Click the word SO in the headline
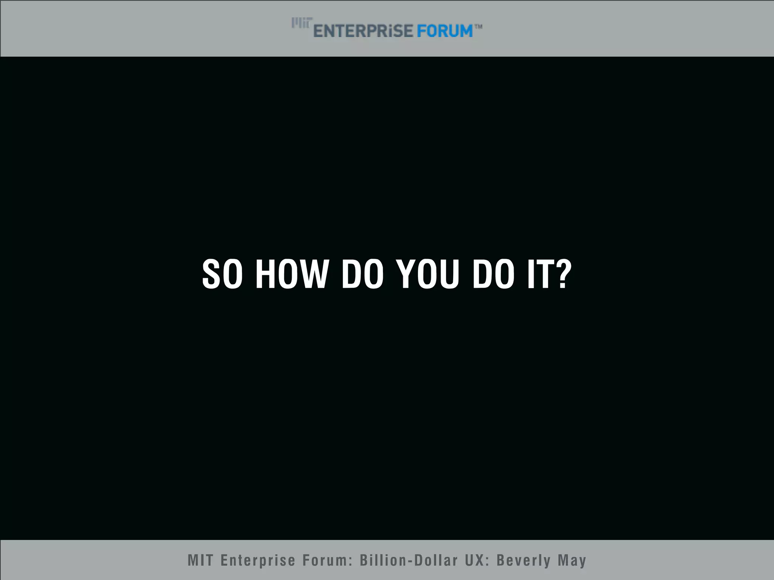click(222, 275)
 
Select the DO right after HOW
click(362, 275)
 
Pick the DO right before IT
click(494, 275)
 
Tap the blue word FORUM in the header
click(444, 31)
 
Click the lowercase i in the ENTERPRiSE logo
click(387, 31)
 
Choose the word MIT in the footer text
click(201, 560)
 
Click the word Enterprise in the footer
click(258, 560)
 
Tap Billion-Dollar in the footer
click(409, 560)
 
